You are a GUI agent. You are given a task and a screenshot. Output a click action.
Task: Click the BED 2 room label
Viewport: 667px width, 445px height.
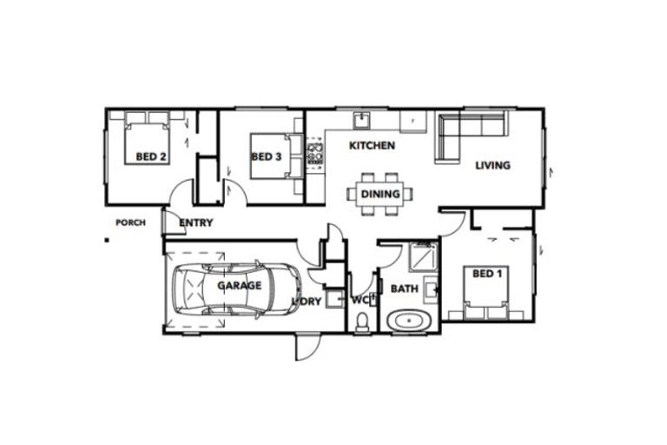tap(151, 157)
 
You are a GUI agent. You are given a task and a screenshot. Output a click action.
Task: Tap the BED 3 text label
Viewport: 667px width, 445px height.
tap(266, 157)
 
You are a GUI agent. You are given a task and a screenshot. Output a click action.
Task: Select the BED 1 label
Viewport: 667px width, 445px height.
tap(486, 274)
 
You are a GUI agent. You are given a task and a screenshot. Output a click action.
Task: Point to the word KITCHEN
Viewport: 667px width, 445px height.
tap(372, 146)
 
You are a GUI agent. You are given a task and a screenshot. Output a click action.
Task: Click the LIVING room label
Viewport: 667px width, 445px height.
tap(492, 165)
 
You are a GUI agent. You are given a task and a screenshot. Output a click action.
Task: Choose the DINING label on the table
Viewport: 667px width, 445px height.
tap(380, 194)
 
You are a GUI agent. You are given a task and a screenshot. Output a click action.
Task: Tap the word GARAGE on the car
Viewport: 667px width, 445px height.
tap(239, 285)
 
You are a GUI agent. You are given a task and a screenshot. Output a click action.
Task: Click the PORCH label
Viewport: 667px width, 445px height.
tap(130, 222)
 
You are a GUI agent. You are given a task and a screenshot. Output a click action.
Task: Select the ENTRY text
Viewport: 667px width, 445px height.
tap(195, 223)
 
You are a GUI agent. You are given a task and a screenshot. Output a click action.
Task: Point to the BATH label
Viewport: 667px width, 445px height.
tap(404, 289)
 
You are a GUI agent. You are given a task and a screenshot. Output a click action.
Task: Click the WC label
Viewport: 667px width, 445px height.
tap(360, 301)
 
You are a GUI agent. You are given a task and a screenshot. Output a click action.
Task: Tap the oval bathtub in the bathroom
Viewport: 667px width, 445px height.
tap(406, 321)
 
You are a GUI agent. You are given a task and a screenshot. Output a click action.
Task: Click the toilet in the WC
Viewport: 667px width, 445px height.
tap(362, 322)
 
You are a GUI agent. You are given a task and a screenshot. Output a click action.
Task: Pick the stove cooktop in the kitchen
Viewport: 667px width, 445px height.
tap(314, 154)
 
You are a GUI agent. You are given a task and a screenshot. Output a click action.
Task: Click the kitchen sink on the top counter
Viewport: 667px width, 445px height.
tap(361, 119)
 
